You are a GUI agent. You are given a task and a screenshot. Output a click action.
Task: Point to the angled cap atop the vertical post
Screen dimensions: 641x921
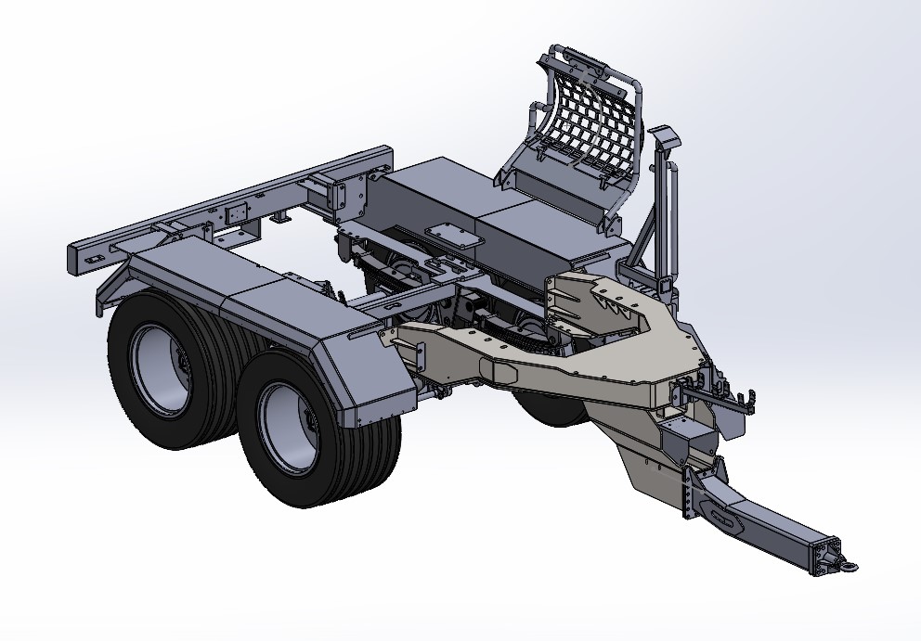pos(665,139)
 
